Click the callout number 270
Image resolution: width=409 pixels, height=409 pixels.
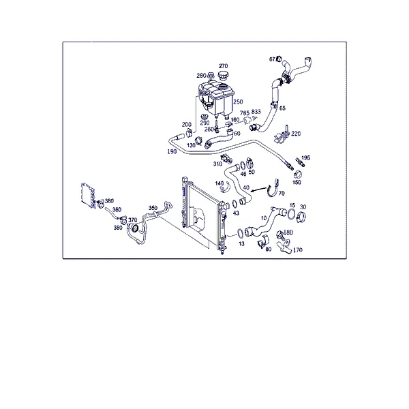224,66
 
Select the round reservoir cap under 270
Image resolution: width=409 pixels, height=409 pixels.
223,76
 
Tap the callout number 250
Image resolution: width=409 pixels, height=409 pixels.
238,102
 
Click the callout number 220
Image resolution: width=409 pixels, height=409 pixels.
296,134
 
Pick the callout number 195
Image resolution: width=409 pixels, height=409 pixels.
305,158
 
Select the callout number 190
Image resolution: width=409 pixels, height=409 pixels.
172,151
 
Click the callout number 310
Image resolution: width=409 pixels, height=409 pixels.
217,164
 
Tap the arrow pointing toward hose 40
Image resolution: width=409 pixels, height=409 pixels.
259,189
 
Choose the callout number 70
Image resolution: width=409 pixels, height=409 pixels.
282,194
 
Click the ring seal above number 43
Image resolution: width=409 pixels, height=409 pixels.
234,204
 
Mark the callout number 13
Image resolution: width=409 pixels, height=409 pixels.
241,243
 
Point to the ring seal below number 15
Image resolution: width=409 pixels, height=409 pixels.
291,214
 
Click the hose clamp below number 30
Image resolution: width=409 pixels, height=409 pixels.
301,217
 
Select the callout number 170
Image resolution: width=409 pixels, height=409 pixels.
298,250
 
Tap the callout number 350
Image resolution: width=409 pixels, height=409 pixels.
153,208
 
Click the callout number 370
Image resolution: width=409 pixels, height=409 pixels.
133,220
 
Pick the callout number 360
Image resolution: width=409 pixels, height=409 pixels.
117,210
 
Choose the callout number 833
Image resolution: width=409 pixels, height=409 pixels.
256,112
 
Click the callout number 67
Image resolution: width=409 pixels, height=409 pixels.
272,59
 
